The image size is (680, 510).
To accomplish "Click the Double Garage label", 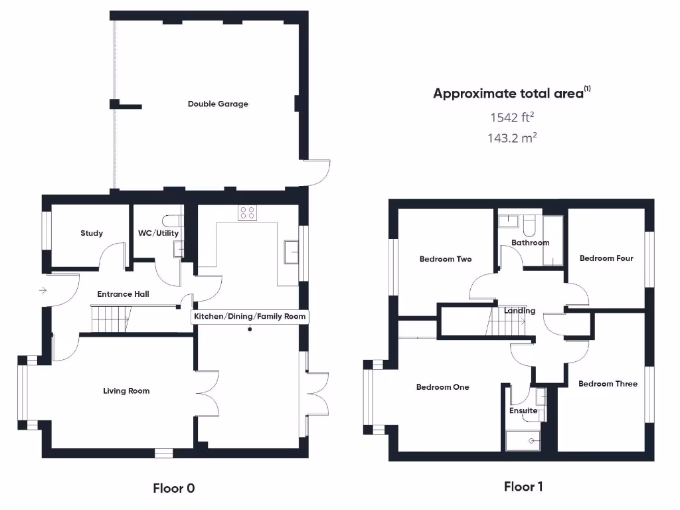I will pyautogui.click(x=218, y=104).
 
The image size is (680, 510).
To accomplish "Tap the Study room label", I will pyautogui.click(x=92, y=233).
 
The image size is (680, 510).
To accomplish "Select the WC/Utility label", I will pyautogui.click(x=158, y=233).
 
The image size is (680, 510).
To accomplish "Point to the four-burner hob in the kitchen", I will pyautogui.click(x=248, y=212).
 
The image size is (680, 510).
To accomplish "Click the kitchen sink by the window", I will pyautogui.click(x=290, y=251).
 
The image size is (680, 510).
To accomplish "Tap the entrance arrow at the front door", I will pyautogui.click(x=43, y=290).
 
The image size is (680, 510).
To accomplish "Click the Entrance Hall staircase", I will pyautogui.click(x=110, y=319).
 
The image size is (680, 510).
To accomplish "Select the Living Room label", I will pyautogui.click(x=126, y=391).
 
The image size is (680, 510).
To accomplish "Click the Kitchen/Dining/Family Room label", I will pyautogui.click(x=250, y=317).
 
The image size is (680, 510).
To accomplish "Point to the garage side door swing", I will pyautogui.click(x=319, y=171).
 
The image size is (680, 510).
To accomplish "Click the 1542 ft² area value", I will pyautogui.click(x=512, y=118).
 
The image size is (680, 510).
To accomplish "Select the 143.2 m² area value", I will pyautogui.click(x=512, y=138).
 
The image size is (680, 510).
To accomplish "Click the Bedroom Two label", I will pyautogui.click(x=446, y=259).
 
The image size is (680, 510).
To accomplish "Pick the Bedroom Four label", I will pyautogui.click(x=606, y=258).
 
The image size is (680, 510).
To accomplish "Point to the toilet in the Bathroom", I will pyautogui.click(x=529, y=226).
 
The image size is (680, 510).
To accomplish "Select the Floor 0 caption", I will pyautogui.click(x=174, y=489).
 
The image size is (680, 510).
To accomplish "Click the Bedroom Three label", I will pyautogui.click(x=608, y=384).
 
